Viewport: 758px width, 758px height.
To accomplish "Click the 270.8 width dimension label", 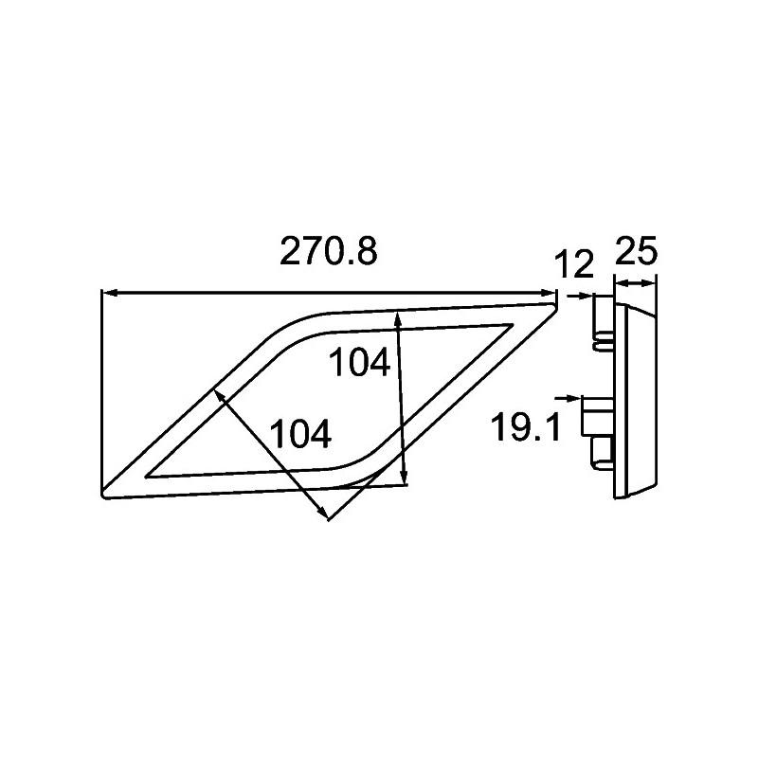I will pos(328,252).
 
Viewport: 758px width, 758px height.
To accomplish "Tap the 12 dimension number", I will pos(574,264).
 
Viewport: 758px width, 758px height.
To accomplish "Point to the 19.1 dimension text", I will pos(525,427).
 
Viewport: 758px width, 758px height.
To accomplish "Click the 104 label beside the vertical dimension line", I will pos(359,364).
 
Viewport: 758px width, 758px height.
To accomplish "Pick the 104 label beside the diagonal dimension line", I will pos(300,435).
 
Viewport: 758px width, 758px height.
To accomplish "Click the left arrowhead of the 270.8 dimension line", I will pos(107,294).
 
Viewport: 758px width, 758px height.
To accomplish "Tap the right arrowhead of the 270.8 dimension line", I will pos(551,294).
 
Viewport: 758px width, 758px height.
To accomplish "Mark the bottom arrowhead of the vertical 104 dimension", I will pos(405,478).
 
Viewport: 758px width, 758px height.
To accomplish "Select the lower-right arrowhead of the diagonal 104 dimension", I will pos(324,514).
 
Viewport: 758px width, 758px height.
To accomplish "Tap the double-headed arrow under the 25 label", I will pos(635,281).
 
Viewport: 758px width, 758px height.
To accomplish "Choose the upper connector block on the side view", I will pos(602,320).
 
